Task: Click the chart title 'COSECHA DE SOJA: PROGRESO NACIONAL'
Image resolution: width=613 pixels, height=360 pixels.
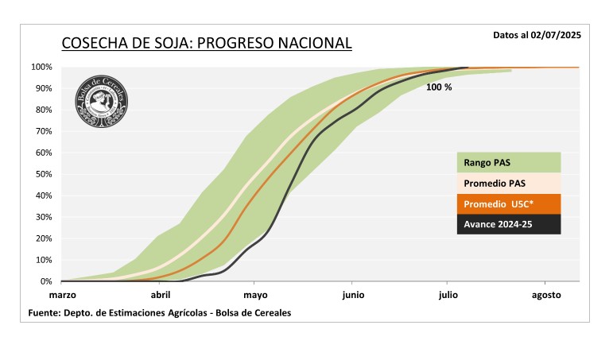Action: tap(206, 43)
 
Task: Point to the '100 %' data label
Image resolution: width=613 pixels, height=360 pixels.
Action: tap(439, 87)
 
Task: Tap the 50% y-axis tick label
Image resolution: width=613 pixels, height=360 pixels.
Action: tap(44, 174)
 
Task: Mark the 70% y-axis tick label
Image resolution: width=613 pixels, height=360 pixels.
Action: tap(44, 131)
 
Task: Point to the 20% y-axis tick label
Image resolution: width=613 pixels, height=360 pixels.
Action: tap(44, 238)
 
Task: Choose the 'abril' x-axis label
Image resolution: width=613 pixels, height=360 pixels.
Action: tap(161, 295)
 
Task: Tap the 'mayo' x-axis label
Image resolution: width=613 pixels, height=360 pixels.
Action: tap(254, 295)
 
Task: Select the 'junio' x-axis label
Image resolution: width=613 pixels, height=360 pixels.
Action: tap(353, 295)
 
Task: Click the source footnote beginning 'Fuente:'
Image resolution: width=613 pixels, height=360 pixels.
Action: tap(159, 313)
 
